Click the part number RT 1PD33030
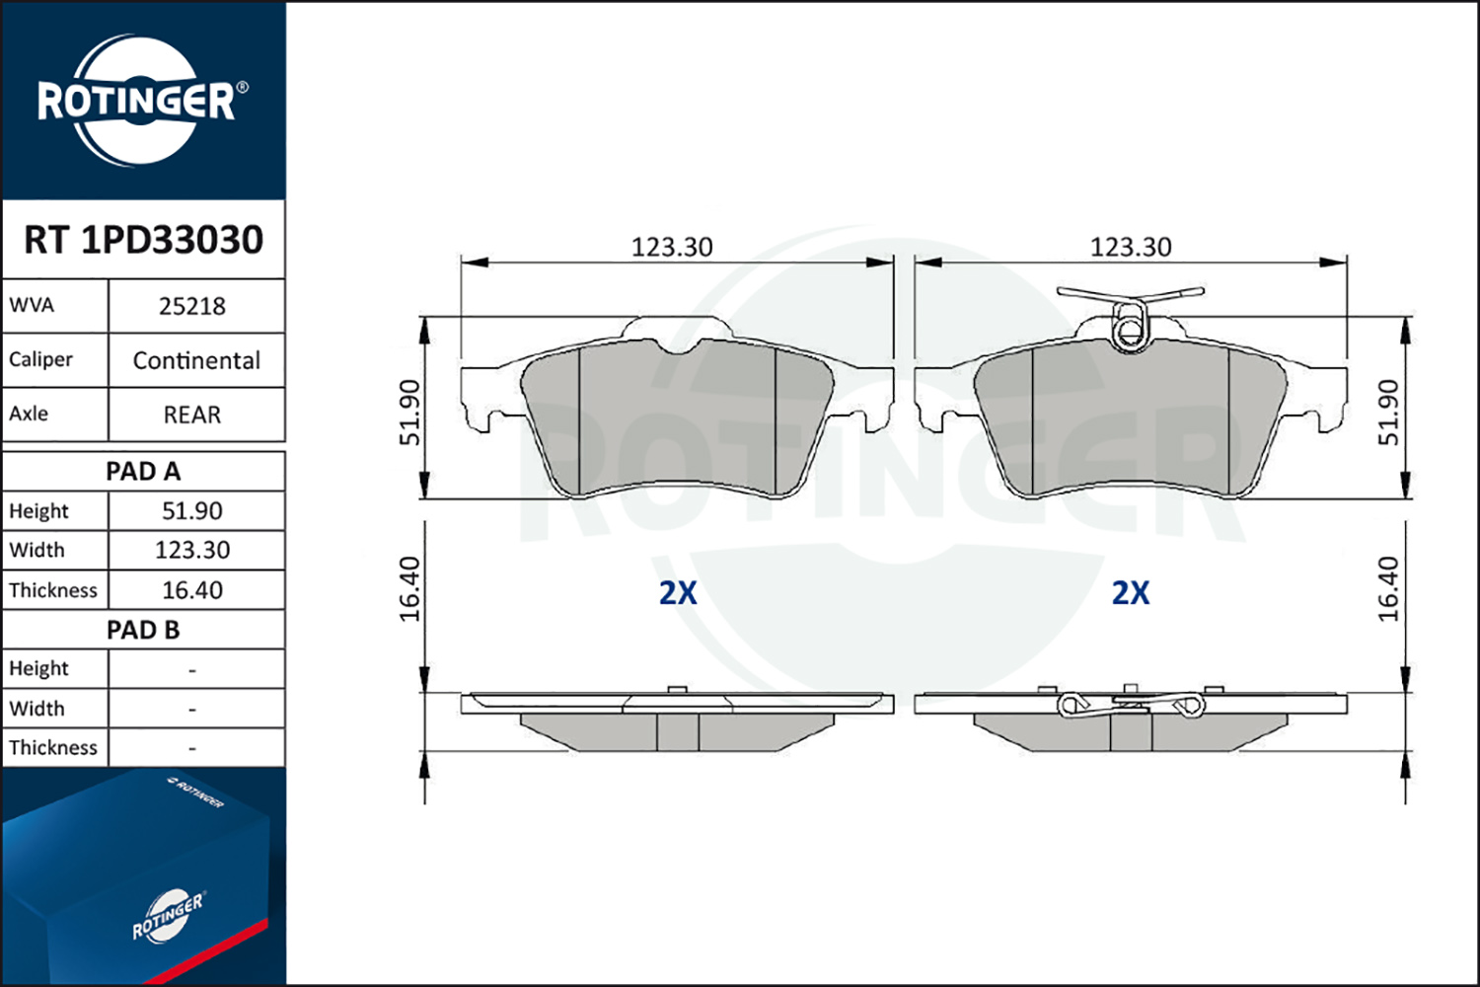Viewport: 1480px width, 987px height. click(x=143, y=239)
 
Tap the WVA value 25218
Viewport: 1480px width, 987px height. click(x=192, y=306)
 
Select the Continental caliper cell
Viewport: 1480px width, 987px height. click(x=196, y=360)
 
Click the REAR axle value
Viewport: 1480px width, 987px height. click(x=192, y=415)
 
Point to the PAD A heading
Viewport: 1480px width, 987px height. click(x=143, y=472)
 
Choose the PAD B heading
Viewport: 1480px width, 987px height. click(x=143, y=630)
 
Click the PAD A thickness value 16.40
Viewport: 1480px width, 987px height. click(x=192, y=589)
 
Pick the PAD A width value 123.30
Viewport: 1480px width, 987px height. click(x=192, y=550)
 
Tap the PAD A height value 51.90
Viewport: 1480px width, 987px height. click(x=192, y=510)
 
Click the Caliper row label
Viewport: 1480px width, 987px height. click(x=40, y=359)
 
